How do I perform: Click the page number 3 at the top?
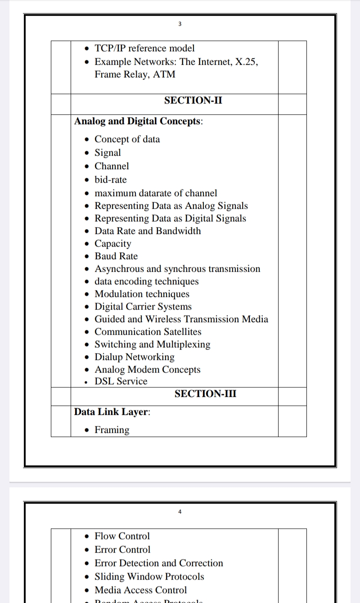(180, 24)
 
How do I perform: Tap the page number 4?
(180, 512)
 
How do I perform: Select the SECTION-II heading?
(193, 100)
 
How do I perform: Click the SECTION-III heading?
(205, 394)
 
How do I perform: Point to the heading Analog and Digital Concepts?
(138, 121)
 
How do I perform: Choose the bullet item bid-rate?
(110, 180)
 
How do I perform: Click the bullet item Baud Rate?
(116, 256)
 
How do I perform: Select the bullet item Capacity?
(112, 243)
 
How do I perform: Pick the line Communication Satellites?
(148, 332)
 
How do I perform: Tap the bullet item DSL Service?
(121, 381)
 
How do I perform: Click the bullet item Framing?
(112, 430)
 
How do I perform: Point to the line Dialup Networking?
(134, 357)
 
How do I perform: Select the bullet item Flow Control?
(122, 536)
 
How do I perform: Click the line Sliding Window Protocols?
(149, 576)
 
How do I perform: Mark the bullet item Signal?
(108, 153)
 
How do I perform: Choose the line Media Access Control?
(140, 590)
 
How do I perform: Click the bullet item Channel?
(112, 166)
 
